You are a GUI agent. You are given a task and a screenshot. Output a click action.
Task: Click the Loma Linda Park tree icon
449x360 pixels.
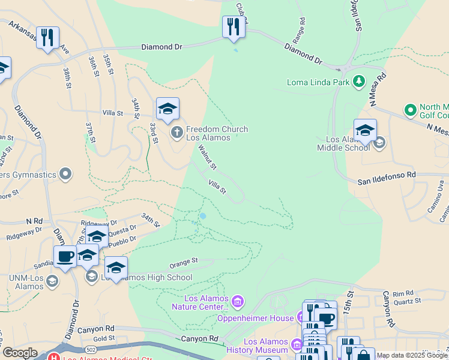pos(359,80)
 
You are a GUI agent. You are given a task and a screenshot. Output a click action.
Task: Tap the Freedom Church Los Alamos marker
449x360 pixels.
pos(176,131)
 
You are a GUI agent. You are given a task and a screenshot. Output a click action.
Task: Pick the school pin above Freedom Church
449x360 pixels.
pos(167,109)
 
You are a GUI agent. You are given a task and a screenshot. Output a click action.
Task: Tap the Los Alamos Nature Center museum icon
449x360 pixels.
pos(238,300)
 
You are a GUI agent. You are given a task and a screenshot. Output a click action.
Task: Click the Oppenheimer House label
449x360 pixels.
pos(255,318)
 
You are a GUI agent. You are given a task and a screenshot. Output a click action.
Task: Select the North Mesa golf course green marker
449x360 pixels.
pos(411,110)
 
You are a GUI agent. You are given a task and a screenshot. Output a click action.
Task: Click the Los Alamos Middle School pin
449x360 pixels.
pos(364,131)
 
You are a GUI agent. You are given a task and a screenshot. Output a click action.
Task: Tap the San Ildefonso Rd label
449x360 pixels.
pos(387,175)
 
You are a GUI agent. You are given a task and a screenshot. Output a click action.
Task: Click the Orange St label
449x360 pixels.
pos(183,262)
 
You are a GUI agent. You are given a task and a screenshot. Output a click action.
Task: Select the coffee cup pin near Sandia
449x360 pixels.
pos(65,256)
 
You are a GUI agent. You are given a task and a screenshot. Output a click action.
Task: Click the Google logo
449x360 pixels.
pos(20,353)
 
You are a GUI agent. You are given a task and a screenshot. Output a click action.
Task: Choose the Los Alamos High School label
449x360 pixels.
pos(146,277)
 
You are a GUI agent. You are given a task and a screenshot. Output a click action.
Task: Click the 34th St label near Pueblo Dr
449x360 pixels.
pos(150,220)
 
